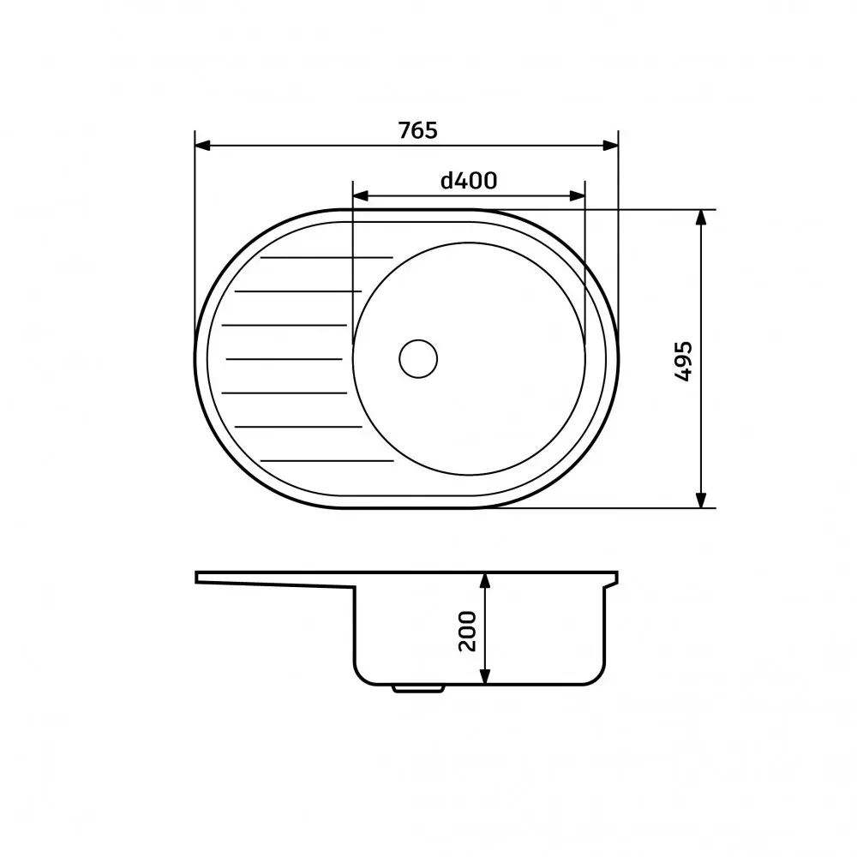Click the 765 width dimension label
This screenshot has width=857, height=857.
coord(417,130)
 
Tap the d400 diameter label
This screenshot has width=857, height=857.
coord(469,180)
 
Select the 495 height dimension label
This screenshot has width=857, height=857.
coord(683,362)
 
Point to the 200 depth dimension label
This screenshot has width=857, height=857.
coord(467,632)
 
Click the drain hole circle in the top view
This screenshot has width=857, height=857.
coord(418,358)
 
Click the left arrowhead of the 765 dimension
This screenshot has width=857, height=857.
coord(203,146)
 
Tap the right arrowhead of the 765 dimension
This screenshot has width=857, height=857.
coord(610,146)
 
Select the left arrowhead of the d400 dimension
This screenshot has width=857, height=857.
coord(361,195)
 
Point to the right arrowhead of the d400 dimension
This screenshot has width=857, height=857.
coord(577,195)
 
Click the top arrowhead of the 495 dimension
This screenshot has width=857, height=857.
coord(701,218)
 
